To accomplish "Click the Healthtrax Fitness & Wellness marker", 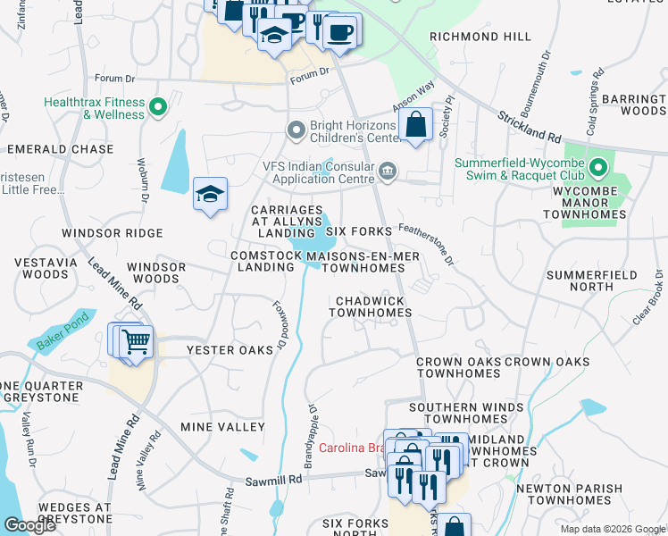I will click(158, 108).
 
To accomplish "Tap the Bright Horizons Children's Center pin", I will click(296, 131).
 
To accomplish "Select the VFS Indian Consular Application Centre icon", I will click(387, 171).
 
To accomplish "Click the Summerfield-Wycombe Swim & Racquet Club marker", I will click(598, 168).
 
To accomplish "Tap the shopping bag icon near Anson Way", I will click(416, 124).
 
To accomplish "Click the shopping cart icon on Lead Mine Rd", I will click(136, 341).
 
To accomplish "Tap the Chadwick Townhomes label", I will click(371, 306).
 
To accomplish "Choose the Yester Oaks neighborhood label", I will click(230, 350).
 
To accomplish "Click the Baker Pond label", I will click(62, 331).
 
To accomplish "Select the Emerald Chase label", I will click(60, 149).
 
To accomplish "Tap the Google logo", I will click(30, 524).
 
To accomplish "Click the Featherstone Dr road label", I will click(427, 244).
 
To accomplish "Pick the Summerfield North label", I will click(592, 281).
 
